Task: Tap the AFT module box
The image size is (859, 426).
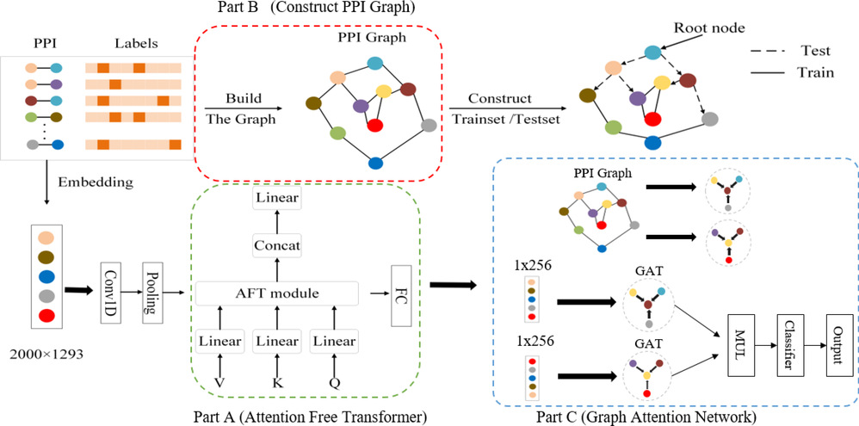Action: (276, 294)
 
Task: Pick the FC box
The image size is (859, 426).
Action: (399, 294)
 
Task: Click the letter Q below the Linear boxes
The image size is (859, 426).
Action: (334, 381)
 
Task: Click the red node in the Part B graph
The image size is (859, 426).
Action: (374, 125)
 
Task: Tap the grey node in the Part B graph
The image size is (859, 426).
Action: (429, 125)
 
